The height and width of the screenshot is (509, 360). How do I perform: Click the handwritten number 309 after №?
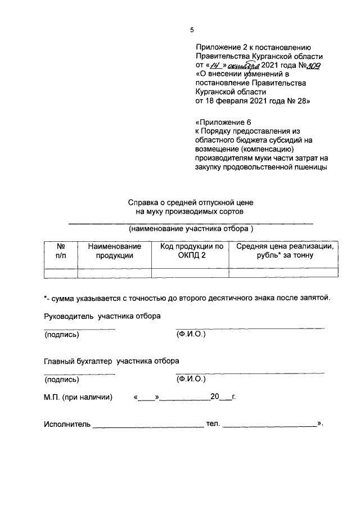pyautogui.click(x=313, y=65)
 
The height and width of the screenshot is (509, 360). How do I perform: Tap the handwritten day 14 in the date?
pyautogui.click(x=213, y=65)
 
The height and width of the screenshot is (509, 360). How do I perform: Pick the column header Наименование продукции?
pyautogui.click(x=114, y=251)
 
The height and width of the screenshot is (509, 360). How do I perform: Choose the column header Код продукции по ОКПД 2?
pyautogui.click(x=191, y=251)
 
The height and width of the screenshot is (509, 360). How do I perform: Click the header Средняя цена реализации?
pyautogui.click(x=285, y=246)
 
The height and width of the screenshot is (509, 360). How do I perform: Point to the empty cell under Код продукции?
pyautogui.click(x=191, y=273)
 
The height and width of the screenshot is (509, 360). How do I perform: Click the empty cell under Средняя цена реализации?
pyautogui.click(x=285, y=273)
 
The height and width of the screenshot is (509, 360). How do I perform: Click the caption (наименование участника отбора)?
pyautogui.click(x=191, y=229)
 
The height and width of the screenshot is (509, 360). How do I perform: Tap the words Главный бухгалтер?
pyautogui.click(x=79, y=361)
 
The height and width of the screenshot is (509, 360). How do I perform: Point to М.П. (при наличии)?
pyautogui.click(x=78, y=397)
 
